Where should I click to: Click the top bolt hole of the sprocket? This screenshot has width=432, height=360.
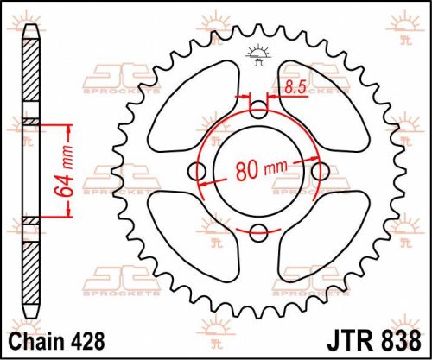pyautogui.click(x=258, y=111)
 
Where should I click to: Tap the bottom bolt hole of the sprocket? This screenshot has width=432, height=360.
pyautogui.click(x=258, y=231)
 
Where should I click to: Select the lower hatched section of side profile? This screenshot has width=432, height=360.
pyautogui.click(x=31, y=268)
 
